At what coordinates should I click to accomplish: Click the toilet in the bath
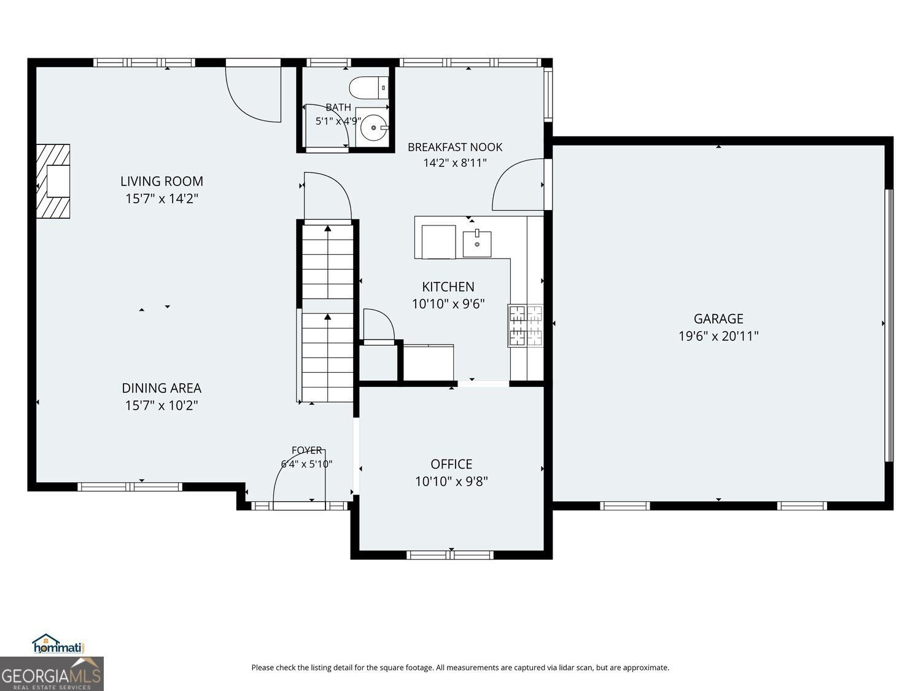369,88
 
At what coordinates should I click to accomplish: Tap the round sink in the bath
373,128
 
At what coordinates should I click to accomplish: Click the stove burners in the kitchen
526,326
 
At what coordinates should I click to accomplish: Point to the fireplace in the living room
53,181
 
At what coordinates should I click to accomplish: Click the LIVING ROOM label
161,181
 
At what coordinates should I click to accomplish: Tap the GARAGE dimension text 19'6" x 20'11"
718,336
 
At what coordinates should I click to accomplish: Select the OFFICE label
451,464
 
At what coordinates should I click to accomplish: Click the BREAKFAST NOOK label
455,147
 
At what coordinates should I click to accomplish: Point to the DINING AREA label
161,388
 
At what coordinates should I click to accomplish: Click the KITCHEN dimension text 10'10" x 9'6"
448,304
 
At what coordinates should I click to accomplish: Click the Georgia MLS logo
52,674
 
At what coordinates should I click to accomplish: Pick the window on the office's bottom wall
450,555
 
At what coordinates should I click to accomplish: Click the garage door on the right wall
888,326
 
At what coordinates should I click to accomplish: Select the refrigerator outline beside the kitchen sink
438,242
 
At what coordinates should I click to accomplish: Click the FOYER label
307,450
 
